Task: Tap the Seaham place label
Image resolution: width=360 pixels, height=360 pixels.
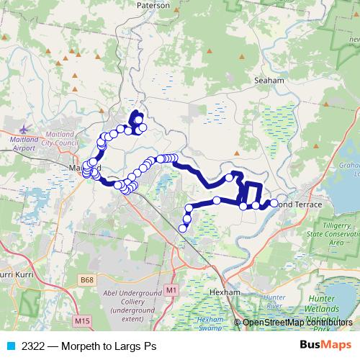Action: (x=271, y=81)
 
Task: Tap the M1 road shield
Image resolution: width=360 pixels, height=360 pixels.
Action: (x=171, y=289)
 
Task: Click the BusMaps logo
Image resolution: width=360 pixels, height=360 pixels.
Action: (x=325, y=346)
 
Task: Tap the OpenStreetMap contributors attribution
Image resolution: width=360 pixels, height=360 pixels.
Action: (x=297, y=322)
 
